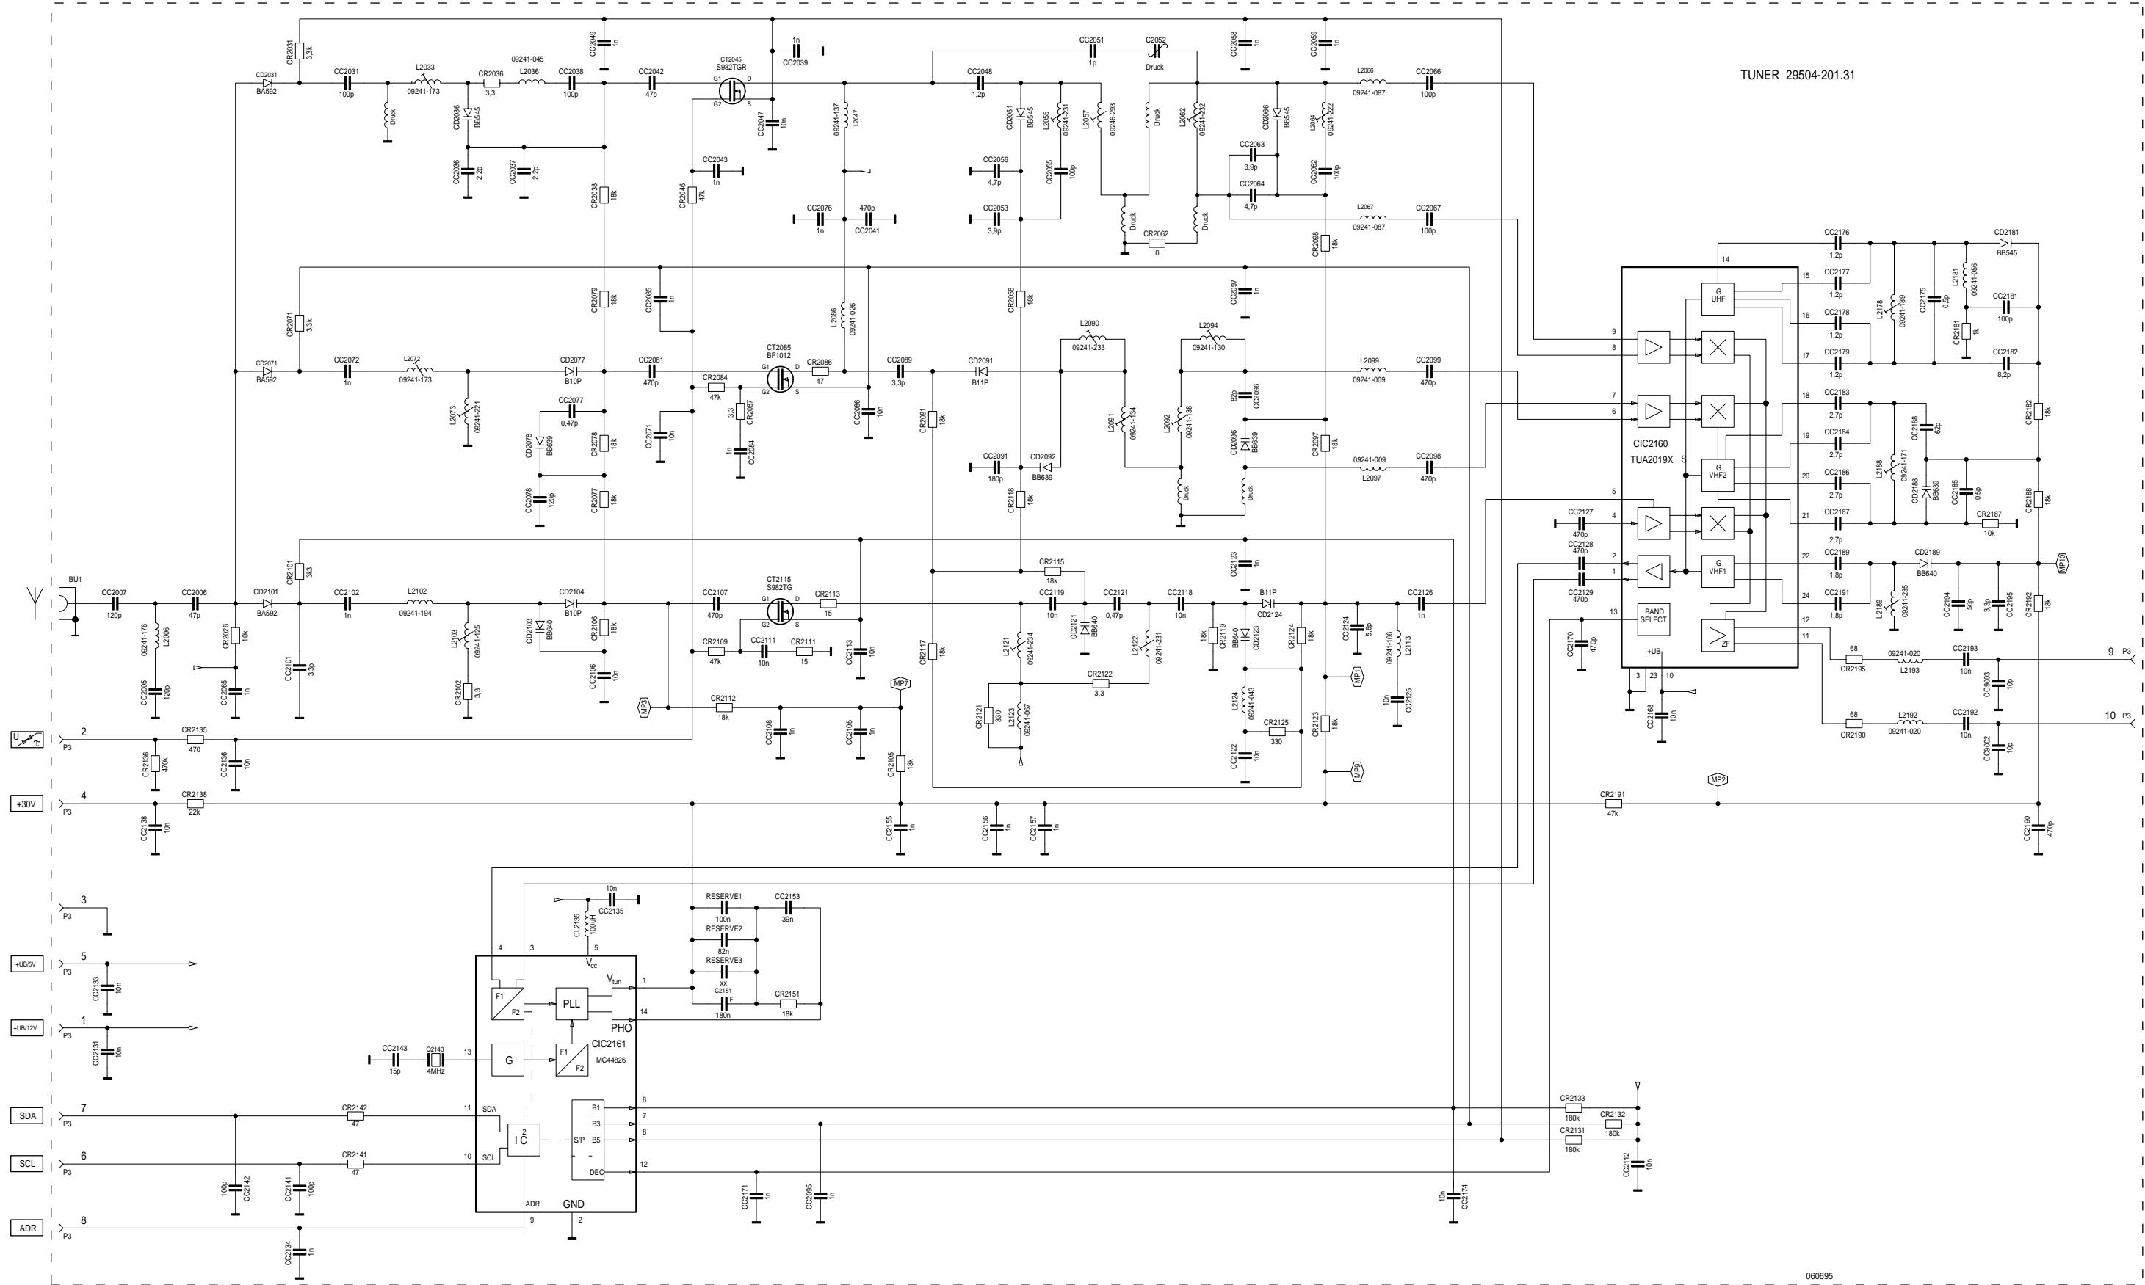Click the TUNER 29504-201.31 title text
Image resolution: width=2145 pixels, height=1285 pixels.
click(x=1797, y=76)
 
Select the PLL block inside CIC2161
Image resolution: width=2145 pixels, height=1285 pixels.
click(x=571, y=1004)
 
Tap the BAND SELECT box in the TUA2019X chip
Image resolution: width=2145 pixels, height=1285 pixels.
click(x=1652, y=616)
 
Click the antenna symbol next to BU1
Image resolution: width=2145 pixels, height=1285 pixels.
click(x=35, y=602)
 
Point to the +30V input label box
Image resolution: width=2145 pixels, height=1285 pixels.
click(x=26, y=804)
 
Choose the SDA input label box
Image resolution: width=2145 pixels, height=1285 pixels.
click(x=27, y=1116)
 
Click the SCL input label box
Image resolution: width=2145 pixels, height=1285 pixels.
click(x=27, y=1164)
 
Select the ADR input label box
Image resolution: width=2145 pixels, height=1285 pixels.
click(x=27, y=1228)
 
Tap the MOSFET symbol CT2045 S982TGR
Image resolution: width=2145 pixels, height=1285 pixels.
click(x=734, y=90)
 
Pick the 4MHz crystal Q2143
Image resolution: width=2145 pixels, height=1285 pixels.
click(x=435, y=1060)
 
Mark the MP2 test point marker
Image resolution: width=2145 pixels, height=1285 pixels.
click(x=1718, y=779)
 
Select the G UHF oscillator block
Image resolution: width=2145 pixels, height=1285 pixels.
click(x=1718, y=296)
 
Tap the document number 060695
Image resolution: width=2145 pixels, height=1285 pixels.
click(x=1818, y=1276)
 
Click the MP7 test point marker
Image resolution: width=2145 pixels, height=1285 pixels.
click(x=900, y=684)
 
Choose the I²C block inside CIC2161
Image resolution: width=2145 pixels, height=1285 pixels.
click(x=524, y=1140)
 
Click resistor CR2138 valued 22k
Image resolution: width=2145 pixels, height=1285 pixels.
click(x=194, y=804)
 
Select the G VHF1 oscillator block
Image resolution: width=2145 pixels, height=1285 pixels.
click(x=1718, y=567)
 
